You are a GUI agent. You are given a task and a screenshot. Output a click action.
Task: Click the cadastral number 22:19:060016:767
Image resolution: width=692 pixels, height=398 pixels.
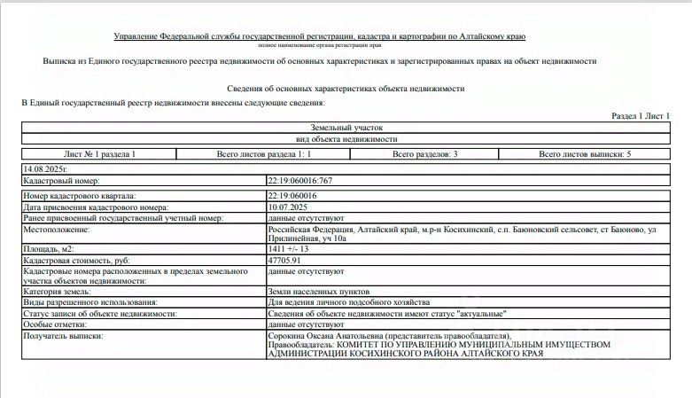click(x=299, y=180)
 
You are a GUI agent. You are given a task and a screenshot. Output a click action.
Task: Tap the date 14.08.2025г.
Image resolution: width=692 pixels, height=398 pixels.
click(x=46, y=167)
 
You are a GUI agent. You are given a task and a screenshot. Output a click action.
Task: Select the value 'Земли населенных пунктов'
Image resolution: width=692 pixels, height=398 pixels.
click(x=319, y=291)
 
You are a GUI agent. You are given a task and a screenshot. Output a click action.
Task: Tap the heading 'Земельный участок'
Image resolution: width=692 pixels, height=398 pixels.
click(x=346, y=129)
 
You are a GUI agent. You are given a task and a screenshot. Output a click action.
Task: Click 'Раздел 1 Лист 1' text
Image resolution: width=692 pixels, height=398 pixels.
click(x=641, y=116)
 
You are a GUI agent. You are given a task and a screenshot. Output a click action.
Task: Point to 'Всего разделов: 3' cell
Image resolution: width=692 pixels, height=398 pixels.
click(x=424, y=154)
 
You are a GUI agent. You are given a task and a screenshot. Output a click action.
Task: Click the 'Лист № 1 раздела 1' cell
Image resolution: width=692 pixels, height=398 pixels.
click(x=100, y=154)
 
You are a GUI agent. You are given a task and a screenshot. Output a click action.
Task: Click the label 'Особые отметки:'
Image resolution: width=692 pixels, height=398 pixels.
click(x=58, y=325)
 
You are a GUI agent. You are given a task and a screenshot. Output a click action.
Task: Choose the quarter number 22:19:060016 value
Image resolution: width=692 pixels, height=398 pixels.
click(x=292, y=195)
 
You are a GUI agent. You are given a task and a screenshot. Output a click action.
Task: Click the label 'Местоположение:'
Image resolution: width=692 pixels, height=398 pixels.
click(x=58, y=229)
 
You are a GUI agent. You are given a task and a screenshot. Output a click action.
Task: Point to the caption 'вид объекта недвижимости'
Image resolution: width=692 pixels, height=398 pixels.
click(x=346, y=140)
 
